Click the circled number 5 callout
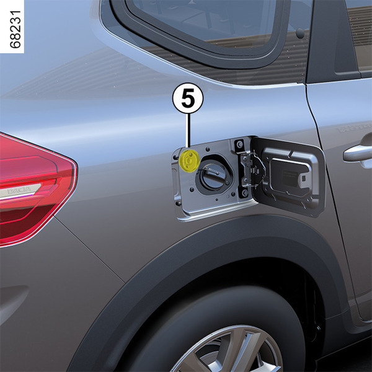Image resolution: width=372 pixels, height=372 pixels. (187, 98)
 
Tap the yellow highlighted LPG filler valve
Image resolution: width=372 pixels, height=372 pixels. (190, 160)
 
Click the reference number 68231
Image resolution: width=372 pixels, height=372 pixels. (15, 29)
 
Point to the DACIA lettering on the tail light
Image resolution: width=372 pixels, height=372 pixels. (19, 190)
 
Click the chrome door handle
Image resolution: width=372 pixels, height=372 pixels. (358, 152)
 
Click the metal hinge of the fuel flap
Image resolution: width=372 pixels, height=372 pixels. (250, 169)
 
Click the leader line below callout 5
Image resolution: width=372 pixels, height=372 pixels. (188, 131)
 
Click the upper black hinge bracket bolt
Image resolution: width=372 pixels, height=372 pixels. (239, 144)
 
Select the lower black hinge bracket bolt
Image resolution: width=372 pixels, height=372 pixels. (245, 193)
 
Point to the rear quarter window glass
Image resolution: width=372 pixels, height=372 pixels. (201, 21)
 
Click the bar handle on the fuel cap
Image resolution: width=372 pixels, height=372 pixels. (212, 171)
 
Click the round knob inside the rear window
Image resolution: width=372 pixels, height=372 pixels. (300, 33)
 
